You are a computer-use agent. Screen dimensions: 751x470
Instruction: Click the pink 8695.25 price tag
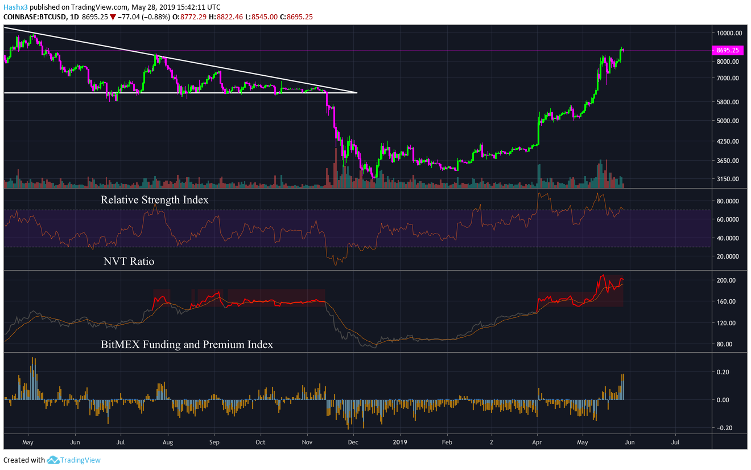pos(727,50)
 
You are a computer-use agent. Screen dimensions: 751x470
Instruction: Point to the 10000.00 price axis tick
pos(729,33)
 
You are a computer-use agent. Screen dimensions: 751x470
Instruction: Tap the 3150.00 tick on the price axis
pos(728,179)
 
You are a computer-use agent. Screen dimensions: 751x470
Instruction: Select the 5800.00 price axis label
pos(728,102)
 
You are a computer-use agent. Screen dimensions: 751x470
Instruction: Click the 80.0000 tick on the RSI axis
pos(728,201)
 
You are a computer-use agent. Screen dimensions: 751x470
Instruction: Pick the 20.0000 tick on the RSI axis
pos(728,256)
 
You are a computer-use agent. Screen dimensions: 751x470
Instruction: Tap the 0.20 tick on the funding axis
pos(726,372)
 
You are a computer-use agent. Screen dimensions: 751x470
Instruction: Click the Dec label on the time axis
pos(353,442)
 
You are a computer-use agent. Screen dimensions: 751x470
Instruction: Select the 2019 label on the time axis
pos(400,442)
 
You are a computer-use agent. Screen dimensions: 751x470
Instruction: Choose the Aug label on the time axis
pos(168,442)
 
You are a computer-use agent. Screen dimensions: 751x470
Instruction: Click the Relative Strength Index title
pos(155,200)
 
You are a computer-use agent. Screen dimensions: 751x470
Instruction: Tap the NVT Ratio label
pos(129,261)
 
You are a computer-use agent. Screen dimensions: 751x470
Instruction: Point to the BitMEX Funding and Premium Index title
pos(187,344)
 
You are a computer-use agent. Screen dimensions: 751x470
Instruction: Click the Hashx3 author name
pos(15,7)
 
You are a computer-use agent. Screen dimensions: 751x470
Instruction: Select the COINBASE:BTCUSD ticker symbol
pos(35,17)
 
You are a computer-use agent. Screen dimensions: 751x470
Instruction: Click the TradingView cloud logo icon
pos(53,460)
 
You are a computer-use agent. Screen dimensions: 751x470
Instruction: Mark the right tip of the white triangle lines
pos(357,93)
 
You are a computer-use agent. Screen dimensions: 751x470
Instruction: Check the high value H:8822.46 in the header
pos(226,17)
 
